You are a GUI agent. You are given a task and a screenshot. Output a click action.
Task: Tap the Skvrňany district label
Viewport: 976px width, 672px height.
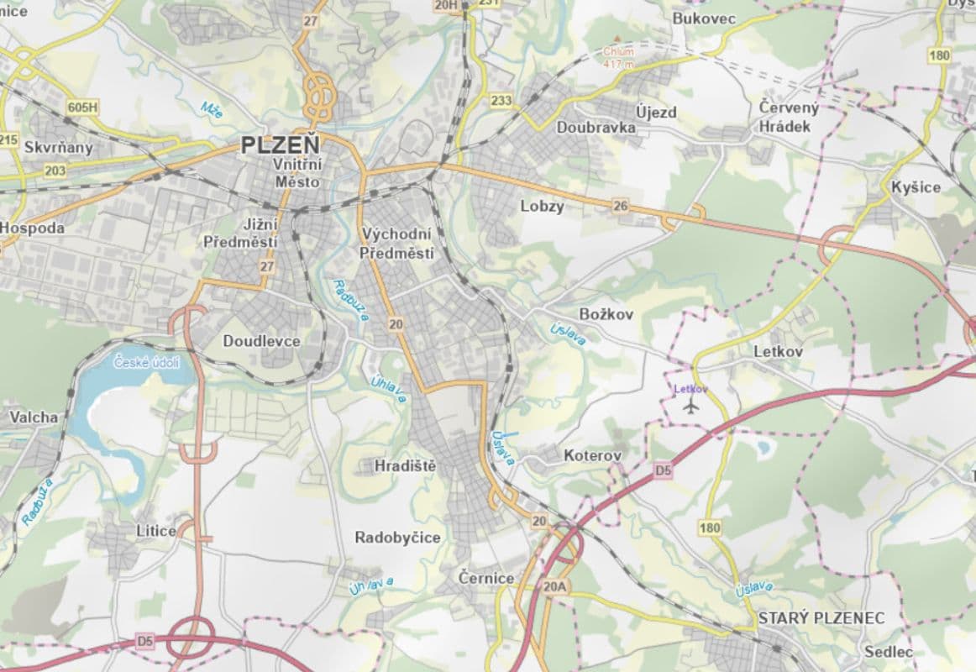coord(58,148)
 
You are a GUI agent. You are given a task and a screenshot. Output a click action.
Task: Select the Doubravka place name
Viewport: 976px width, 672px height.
coord(596,128)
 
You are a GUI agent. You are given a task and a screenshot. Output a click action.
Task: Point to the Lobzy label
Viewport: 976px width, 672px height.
coord(542,207)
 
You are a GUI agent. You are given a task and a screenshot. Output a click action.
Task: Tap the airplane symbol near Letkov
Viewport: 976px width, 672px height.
coord(691,407)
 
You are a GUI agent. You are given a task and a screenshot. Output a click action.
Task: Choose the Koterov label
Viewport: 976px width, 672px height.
coord(593,455)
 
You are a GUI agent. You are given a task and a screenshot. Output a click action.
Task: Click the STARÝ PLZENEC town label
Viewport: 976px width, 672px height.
coord(821,618)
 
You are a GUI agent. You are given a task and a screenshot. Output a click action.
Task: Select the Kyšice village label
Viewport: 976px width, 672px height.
coord(916,187)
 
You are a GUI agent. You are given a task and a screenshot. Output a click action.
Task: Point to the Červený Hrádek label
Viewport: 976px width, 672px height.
coord(787,117)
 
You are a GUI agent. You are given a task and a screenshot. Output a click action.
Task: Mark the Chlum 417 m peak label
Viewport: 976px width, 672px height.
coord(617,56)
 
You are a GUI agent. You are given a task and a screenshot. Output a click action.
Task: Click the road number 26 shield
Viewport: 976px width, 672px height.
coord(621,206)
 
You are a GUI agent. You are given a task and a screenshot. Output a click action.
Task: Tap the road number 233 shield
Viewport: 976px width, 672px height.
coord(501,101)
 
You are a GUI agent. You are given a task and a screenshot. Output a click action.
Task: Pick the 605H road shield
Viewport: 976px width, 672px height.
coord(82,107)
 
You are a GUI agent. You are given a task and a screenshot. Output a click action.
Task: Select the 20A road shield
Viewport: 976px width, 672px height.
coord(556,586)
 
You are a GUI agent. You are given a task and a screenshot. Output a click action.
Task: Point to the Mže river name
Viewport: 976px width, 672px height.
coord(211,109)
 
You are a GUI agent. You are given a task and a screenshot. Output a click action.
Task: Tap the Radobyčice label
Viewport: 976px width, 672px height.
coord(397,538)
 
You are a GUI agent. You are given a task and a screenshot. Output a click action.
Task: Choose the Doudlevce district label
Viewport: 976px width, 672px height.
coord(261,341)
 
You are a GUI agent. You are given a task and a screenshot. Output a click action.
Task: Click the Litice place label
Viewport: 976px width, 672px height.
coord(156,531)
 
